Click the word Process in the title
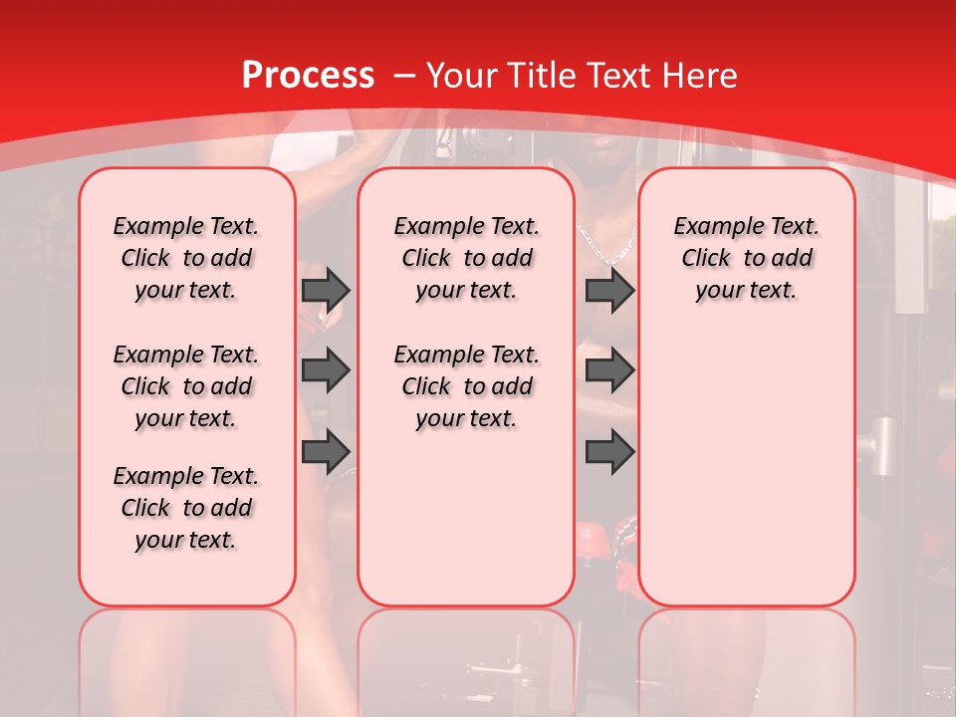click(x=308, y=76)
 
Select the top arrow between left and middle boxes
click(x=326, y=290)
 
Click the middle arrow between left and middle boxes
click(x=326, y=370)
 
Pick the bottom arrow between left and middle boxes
click(x=326, y=452)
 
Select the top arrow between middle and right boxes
click(x=609, y=290)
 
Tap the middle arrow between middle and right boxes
click(x=609, y=370)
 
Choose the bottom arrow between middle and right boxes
click(x=609, y=452)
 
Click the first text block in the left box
click(x=186, y=258)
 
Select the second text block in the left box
click(x=186, y=386)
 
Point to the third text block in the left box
click(x=186, y=508)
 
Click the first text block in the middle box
click(x=466, y=258)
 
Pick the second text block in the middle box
click(x=466, y=386)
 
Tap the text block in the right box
click(x=746, y=258)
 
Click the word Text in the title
click(x=622, y=76)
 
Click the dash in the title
click(x=404, y=76)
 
